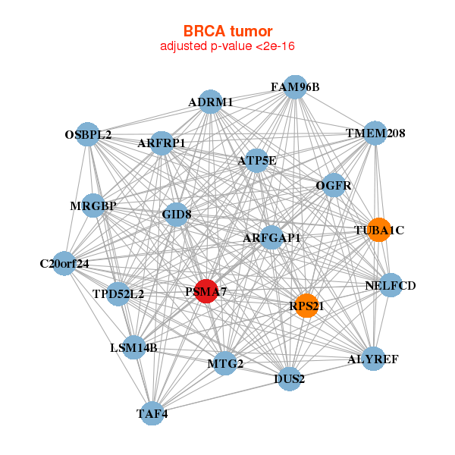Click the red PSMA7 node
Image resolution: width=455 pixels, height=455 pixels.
(206, 290)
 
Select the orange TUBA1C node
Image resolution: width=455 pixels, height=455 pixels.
(379, 230)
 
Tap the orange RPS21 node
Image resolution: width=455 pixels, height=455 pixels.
(306, 306)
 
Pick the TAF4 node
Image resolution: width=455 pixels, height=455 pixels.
(153, 413)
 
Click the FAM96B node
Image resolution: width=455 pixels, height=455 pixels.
(295, 87)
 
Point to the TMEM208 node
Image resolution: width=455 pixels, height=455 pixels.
(375, 133)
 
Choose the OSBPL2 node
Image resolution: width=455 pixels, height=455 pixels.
(89, 135)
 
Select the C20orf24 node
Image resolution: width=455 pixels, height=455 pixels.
(64, 264)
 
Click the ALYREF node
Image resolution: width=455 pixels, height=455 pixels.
(372, 359)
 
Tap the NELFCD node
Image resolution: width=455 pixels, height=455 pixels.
(391, 286)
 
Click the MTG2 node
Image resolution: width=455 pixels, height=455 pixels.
(225, 364)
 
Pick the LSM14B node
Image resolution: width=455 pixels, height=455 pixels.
(133, 348)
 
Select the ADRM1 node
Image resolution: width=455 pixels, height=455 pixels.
(211, 102)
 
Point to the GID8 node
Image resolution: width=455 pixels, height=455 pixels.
(177, 215)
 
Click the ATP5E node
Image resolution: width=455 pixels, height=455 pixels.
(257, 160)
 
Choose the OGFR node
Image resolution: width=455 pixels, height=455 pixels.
(334, 184)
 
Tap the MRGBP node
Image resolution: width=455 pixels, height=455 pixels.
(93, 206)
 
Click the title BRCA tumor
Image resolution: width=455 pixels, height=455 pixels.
(227, 31)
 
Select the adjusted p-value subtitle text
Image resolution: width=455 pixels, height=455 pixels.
(227, 46)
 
